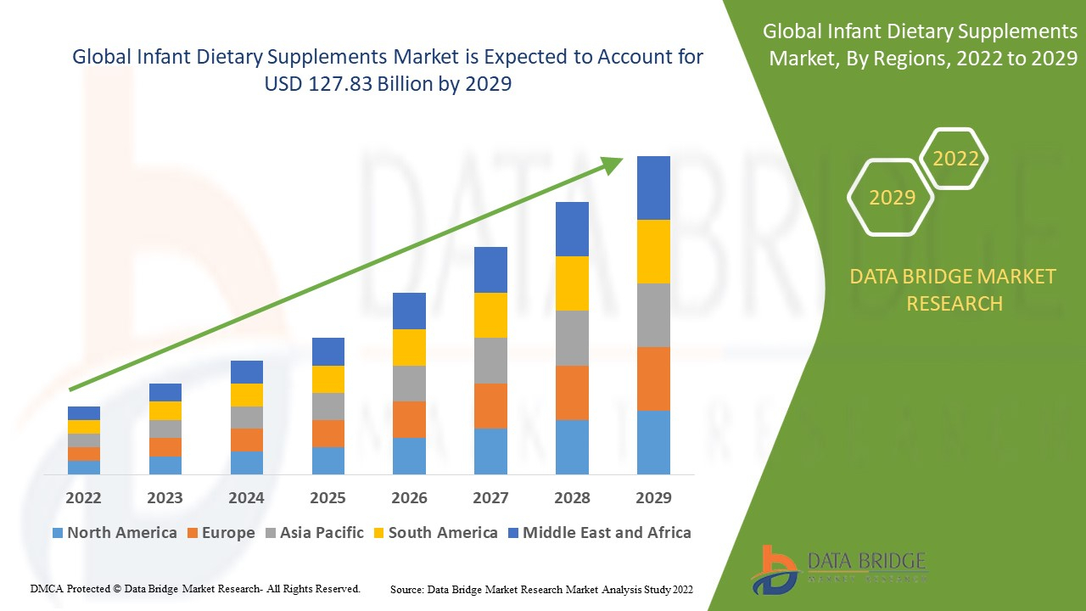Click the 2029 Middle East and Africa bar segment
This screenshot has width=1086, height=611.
[653, 188]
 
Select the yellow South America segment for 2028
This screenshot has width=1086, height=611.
[572, 283]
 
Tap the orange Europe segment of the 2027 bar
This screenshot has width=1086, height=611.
[490, 406]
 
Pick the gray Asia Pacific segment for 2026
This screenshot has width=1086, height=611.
[409, 383]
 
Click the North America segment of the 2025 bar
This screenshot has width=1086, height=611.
[328, 460]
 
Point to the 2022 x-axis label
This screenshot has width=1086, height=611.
[84, 497]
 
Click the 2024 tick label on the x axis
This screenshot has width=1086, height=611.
[246, 497]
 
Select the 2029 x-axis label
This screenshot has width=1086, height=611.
[653, 497]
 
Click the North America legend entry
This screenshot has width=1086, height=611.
[114, 533]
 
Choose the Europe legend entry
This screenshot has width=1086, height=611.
[220, 533]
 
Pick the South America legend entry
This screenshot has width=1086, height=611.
[434, 533]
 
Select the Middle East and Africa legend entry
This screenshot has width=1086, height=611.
[599, 533]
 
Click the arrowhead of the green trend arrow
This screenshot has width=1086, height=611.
[613, 165]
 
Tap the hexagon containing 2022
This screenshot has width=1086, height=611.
[955, 159]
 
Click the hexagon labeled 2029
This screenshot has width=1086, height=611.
[892, 198]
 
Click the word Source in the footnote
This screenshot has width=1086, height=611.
[406, 589]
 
